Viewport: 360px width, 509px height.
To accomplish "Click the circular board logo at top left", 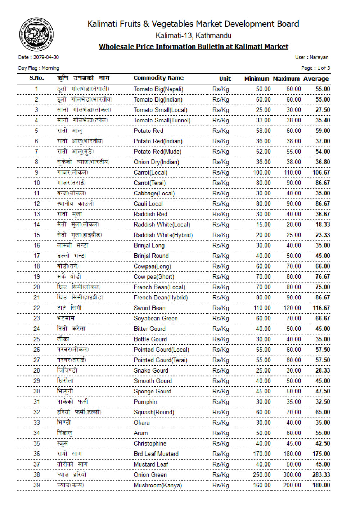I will coord(36,35).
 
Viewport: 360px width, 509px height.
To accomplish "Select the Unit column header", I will coord(225,78).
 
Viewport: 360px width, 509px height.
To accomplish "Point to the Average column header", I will coord(316,78).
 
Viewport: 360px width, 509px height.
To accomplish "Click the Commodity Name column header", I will coord(158,78).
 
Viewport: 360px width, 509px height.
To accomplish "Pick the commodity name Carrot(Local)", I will coord(150,172).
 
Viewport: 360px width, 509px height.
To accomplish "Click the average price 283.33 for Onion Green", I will coord(321,475).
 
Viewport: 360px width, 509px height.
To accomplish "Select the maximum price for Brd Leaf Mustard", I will coord(292,454).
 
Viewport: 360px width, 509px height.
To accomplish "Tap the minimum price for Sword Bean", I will coord(262,308).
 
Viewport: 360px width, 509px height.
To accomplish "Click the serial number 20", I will coord(37,287).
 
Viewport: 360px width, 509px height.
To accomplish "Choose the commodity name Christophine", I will coord(150,443).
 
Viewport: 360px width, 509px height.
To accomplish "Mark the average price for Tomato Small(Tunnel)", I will coord(323,120).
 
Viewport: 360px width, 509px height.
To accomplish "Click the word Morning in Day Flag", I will coord(50,68).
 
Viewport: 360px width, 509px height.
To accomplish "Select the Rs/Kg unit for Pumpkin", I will coord(221,402).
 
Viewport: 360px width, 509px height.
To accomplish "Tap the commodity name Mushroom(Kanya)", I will coord(158,485).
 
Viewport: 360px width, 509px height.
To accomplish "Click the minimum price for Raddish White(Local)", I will coord(263,225).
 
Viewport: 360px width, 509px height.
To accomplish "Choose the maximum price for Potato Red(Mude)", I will coord(294,152).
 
